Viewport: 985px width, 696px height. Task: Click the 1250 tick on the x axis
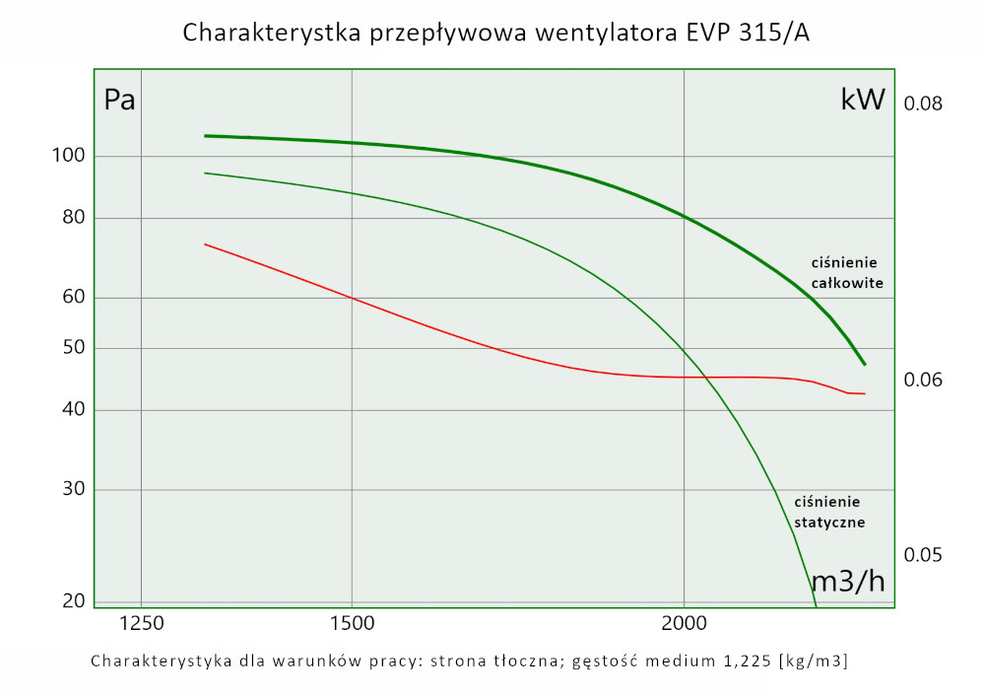[x=142, y=623]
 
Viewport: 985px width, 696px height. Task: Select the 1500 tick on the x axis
[x=352, y=623]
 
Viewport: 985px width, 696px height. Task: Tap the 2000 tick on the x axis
[x=684, y=623]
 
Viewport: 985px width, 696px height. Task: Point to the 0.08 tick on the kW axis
[x=924, y=104]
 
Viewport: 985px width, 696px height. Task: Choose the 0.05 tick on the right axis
[x=924, y=555]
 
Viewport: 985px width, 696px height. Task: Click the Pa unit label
[x=119, y=101]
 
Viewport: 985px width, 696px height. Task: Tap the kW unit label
[x=863, y=101]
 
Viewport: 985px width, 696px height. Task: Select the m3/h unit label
[x=847, y=582]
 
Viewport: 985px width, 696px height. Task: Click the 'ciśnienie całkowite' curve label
[x=845, y=272]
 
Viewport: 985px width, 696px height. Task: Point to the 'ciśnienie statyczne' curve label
[x=828, y=513]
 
